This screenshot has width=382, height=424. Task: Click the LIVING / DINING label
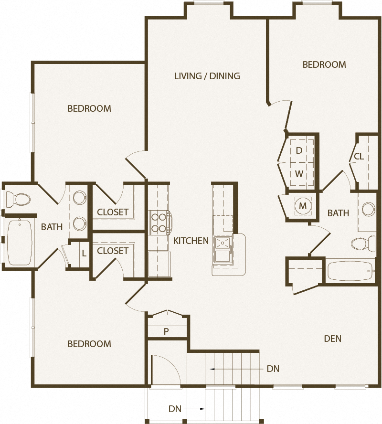(207, 76)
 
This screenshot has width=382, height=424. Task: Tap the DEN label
(332, 339)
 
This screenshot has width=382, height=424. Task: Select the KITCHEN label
(191, 241)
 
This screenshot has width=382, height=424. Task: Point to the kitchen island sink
(222, 244)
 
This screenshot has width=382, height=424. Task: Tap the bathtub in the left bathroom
(19, 242)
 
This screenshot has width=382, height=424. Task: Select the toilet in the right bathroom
(363, 244)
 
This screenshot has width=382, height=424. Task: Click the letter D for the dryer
(299, 151)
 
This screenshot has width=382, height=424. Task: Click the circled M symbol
(302, 206)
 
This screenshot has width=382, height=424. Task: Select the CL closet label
(359, 157)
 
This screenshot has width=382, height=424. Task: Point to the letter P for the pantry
(166, 331)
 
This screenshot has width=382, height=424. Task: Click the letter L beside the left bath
(84, 253)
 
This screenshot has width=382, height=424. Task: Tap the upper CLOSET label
(113, 212)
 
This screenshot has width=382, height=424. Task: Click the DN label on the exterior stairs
(174, 409)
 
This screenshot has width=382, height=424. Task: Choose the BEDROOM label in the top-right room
(324, 64)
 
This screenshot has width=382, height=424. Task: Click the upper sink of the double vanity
(79, 196)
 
